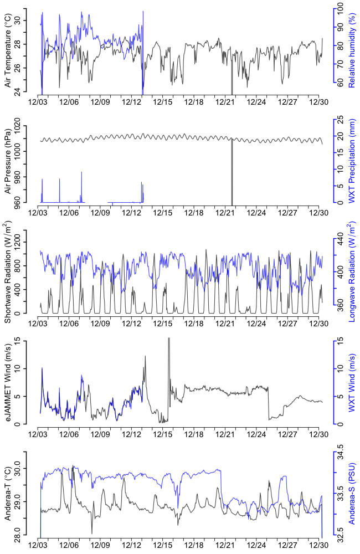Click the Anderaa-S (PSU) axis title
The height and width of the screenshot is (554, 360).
pos(352,494)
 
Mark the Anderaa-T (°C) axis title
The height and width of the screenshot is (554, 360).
pos(8,494)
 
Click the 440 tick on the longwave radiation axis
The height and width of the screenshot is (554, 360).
pos(338,242)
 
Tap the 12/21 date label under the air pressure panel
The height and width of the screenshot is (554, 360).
pos(226,212)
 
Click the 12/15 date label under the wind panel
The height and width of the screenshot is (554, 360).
pos(163,434)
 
